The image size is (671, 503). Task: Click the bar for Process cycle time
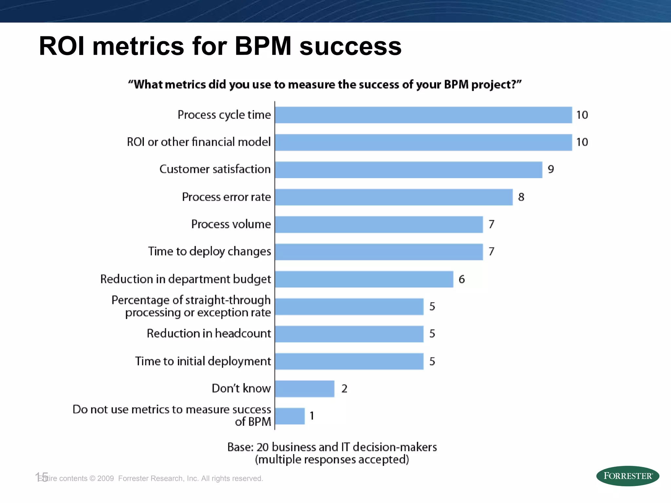(423, 115)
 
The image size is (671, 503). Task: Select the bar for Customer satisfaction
(409, 170)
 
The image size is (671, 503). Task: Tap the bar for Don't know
(305, 389)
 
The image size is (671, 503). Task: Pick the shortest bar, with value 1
(290, 416)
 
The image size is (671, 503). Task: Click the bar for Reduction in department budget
(364, 279)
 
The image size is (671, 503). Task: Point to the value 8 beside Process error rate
(521, 197)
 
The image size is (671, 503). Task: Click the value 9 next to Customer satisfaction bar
(551, 169)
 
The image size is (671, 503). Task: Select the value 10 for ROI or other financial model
(582, 142)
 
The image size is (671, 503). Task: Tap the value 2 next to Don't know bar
(344, 389)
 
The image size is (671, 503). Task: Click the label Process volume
(231, 224)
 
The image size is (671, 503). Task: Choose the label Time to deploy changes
(209, 251)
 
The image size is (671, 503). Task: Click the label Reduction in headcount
(209, 333)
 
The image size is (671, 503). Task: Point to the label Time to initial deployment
(203, 361)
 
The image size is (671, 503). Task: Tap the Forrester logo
(627, 476)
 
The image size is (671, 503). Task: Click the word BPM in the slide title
(263, 46)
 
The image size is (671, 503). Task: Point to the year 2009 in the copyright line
(105, 478)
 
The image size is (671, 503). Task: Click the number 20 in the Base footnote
(262, 447)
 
